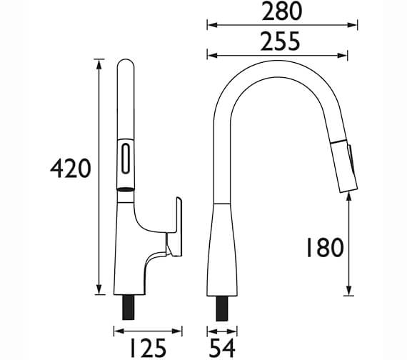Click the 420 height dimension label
(x=69, y=169)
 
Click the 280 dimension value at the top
(x=281, y=11)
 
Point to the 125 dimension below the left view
(x=146, y=347)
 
